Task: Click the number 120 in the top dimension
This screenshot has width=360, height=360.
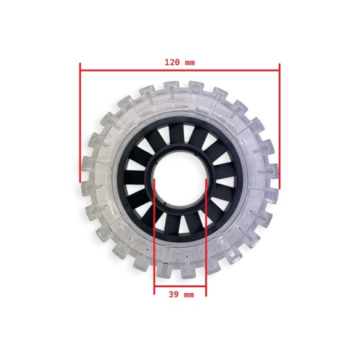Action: (x=171, y=62)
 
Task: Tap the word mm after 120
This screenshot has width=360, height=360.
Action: (x=189, y=62)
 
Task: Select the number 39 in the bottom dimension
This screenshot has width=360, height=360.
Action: (x=173, y=295)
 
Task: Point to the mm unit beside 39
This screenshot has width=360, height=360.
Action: (x=187, y=295)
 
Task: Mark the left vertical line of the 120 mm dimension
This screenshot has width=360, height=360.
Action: (x=80, y=123)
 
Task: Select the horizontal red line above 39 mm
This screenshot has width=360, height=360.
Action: (x=179, y=287)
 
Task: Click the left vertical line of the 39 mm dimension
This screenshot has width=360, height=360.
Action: (x=154, y=234)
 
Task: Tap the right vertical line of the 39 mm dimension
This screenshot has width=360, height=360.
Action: (x=205, y=234)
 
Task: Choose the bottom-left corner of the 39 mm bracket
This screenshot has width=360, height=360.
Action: (x=154, y=287)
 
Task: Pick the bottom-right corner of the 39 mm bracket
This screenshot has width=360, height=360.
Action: (x=205, y=287)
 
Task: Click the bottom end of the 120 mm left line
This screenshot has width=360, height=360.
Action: (x=80, y=181)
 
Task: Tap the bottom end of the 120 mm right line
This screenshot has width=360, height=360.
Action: (x=279, y=188)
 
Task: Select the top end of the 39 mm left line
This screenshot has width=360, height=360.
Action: (x=154, y=179)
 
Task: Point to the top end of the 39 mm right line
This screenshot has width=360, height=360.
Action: (x=205, y=179)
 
